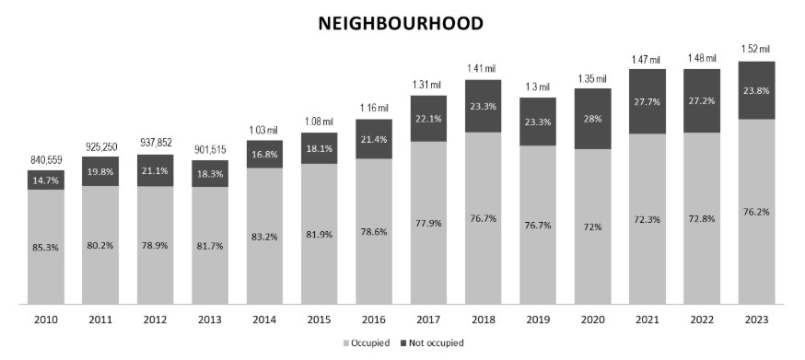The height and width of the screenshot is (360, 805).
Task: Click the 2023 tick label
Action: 755,319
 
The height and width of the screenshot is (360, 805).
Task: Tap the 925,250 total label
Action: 99,147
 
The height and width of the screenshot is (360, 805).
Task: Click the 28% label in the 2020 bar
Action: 591,119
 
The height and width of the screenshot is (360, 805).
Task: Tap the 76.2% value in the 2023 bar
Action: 755,211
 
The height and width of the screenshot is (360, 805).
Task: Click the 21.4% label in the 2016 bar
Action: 373,138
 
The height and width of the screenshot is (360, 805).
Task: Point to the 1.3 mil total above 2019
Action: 537,86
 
